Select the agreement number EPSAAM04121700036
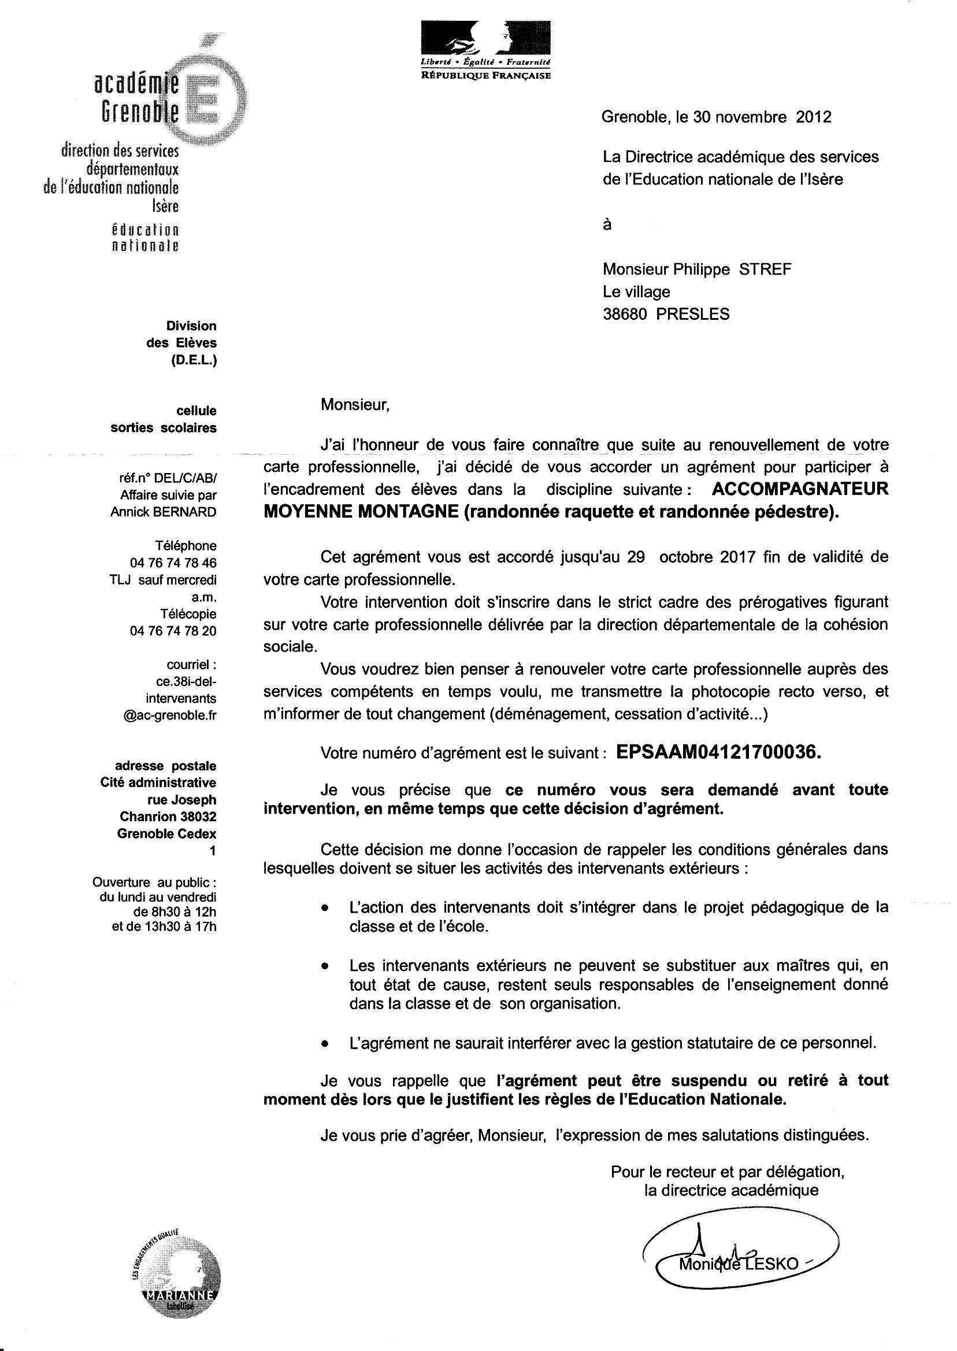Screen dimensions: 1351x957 (718, 752)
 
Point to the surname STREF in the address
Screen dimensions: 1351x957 (765, 270)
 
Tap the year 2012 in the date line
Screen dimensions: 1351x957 (813, 117)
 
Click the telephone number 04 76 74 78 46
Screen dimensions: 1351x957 (173, 563)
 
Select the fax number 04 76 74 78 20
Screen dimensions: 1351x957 (173, 631)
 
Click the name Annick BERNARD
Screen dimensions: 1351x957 (163, 512)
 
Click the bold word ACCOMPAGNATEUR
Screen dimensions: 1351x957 (800, 489)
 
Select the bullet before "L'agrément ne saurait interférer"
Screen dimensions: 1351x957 (324, 1043)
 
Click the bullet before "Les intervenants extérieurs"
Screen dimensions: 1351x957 (324, 968)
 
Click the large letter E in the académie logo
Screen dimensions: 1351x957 (206, 100)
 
